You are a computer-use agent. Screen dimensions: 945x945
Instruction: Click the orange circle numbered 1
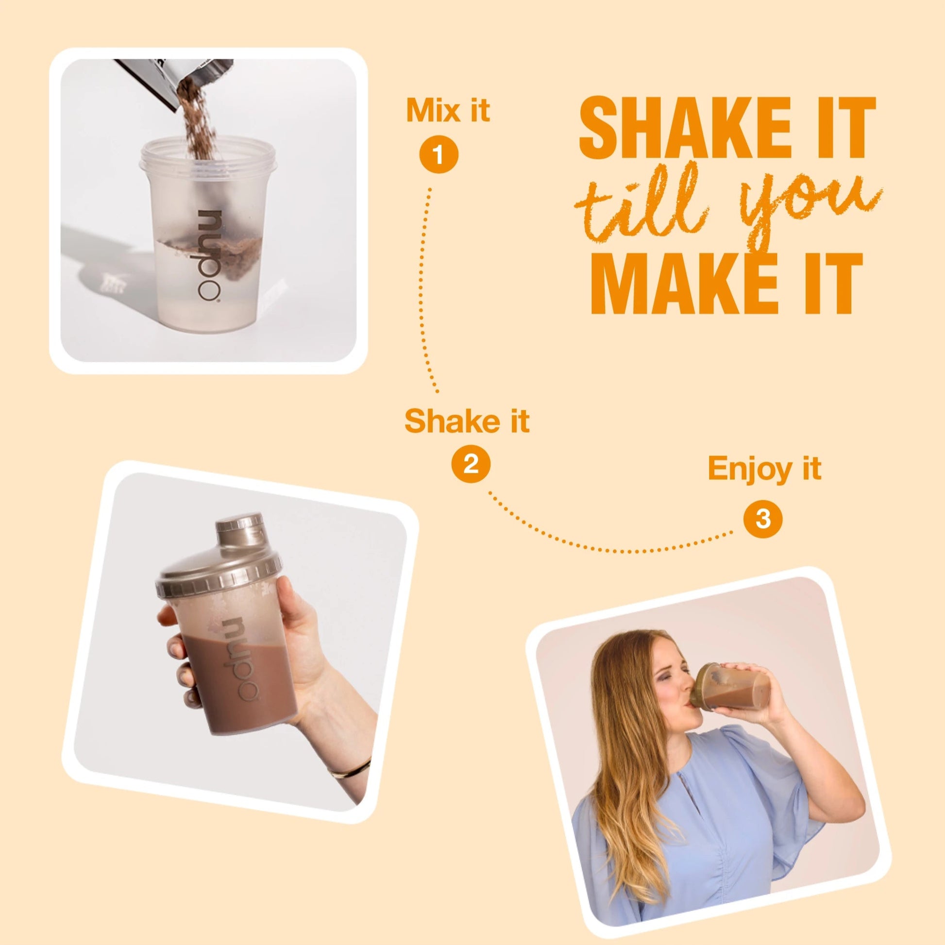point(439,155)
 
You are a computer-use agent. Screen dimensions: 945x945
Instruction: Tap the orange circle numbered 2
point(470,464)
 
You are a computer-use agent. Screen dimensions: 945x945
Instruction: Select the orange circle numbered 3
point(763,519)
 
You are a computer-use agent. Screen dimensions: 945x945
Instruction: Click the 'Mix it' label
point(448,111)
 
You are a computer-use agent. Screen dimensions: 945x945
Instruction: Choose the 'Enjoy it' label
point(764,469)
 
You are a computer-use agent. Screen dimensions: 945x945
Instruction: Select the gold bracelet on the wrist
point(350,769)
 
